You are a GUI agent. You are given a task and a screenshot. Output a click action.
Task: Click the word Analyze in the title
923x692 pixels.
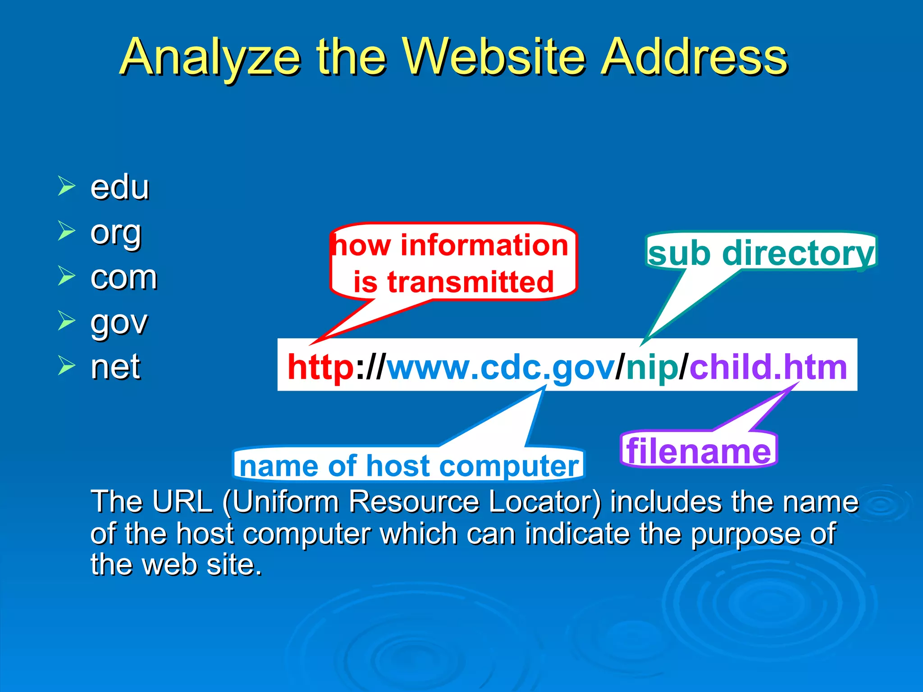211,58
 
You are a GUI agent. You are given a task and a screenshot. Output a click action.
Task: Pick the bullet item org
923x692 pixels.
116,234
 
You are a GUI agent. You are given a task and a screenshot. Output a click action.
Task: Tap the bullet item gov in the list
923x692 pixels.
119,323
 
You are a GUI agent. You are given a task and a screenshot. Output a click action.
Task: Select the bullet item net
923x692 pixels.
115,367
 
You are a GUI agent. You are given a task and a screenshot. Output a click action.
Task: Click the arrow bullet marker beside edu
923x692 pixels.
66,186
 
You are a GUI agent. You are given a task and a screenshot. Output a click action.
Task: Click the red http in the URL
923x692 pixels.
320,367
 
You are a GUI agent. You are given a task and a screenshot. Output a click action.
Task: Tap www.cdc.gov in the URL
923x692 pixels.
501,367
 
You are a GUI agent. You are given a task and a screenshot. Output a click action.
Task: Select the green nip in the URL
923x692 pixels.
652,367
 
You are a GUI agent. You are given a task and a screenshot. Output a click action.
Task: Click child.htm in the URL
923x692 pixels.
768,367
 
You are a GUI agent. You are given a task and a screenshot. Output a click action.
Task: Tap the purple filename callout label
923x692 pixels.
699,451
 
